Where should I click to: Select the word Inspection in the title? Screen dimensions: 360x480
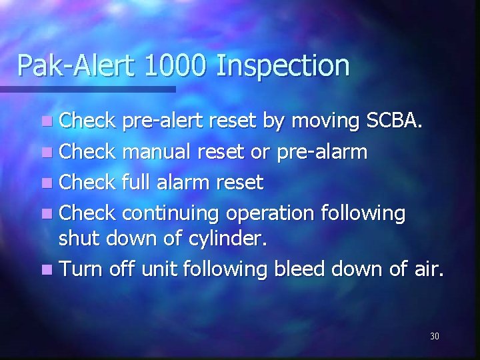coord(283,65)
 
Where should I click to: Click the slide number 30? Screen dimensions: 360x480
coord(434,336)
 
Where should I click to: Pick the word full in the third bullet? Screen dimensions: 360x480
coord(137,182)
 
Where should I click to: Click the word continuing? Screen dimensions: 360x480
coord(172,213)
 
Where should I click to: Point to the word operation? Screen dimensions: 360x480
coord(271,214)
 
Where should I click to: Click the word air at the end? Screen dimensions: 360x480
coord(427,269)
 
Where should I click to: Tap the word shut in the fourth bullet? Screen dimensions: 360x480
coord(77,239)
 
